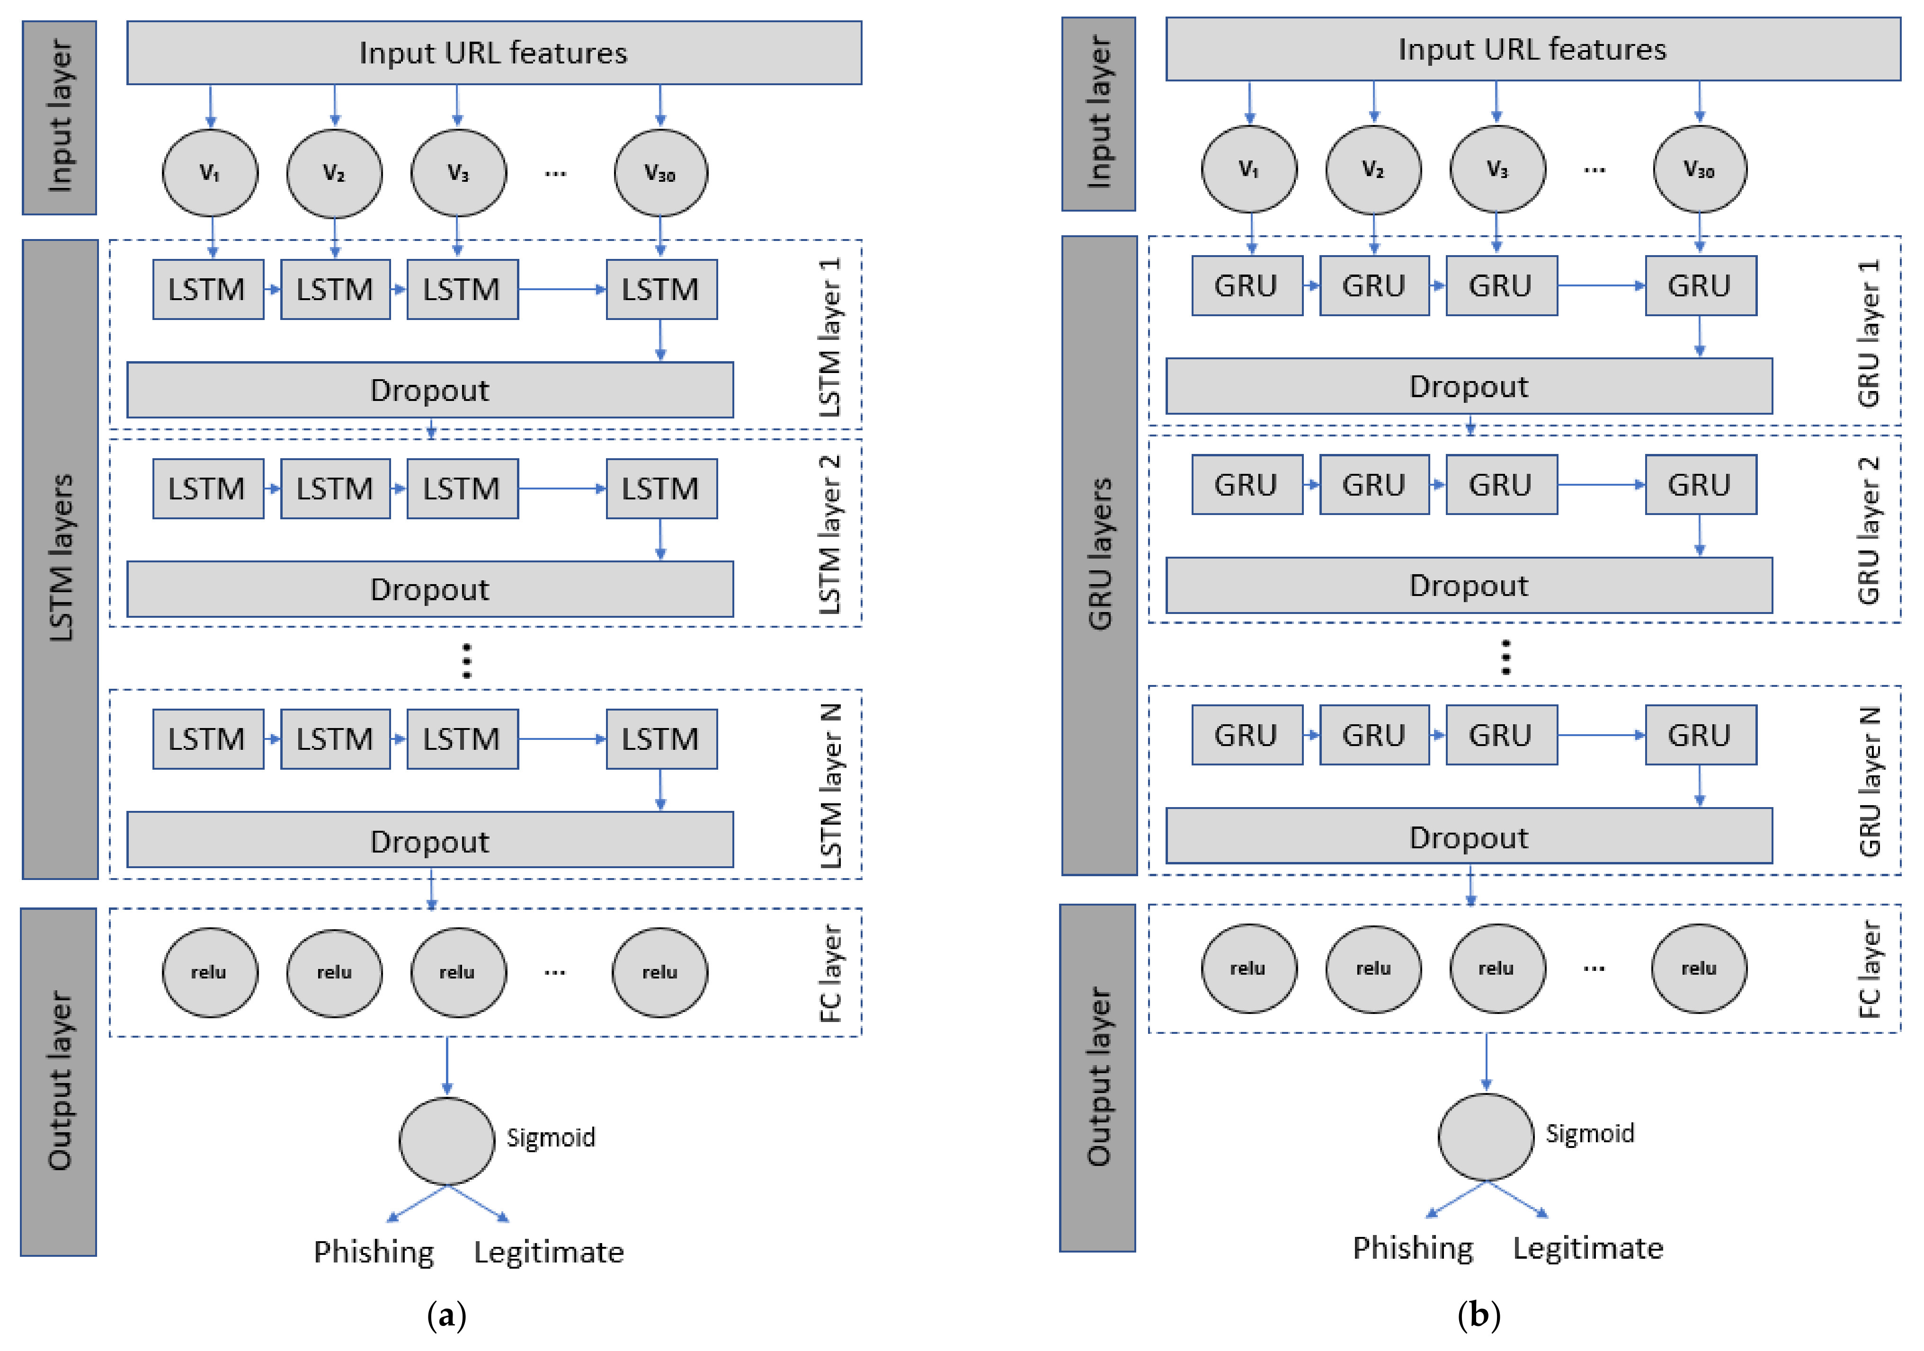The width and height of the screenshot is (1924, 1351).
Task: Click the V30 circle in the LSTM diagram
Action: tap(660, 173)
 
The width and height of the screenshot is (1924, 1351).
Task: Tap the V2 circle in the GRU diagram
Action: tap(1372, 169)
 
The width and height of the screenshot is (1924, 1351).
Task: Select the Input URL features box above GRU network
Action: tap(1532, 49)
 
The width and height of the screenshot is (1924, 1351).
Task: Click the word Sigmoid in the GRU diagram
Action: tap(1590, 1133)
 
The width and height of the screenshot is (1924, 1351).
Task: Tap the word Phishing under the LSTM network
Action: tap(374, 1251)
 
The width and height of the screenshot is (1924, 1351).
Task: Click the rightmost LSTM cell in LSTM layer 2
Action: tap(661, 489)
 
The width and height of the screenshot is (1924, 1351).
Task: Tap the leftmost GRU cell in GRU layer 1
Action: tap(1246, 286)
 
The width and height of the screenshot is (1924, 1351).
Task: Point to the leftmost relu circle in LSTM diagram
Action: tap(210, 972)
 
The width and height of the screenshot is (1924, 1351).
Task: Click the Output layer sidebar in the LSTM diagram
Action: tap(59, 1081)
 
